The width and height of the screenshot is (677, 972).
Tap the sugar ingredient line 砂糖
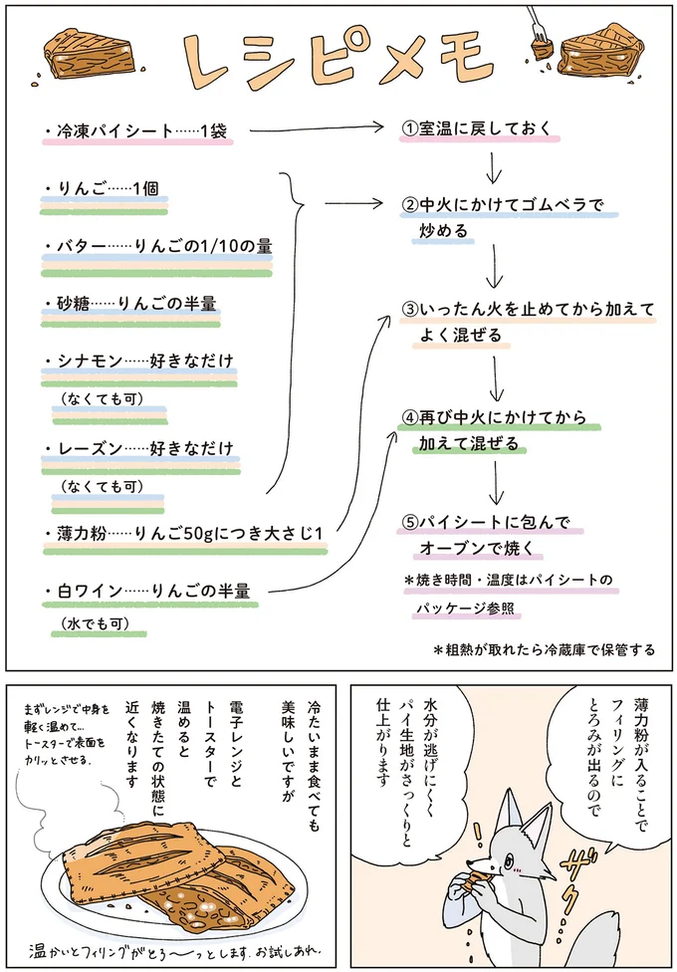(130, 302)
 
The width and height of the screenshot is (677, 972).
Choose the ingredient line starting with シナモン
(139, 360)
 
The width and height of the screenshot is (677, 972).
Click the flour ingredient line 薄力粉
(185, 533)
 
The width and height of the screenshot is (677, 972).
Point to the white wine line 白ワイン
(149, 590)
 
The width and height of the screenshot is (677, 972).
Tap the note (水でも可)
(95, 623)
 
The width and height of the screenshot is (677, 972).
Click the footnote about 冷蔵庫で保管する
(544, 649)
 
